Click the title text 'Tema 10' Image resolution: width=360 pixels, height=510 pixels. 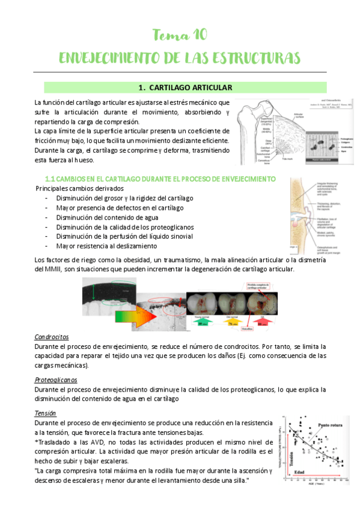[x=180, y=35]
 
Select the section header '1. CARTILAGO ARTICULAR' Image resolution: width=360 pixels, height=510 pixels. [x=180, y=88]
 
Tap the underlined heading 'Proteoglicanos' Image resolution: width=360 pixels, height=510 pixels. [x=56, y=380]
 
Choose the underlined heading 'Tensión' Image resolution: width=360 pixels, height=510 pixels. [x=46, y=414]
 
